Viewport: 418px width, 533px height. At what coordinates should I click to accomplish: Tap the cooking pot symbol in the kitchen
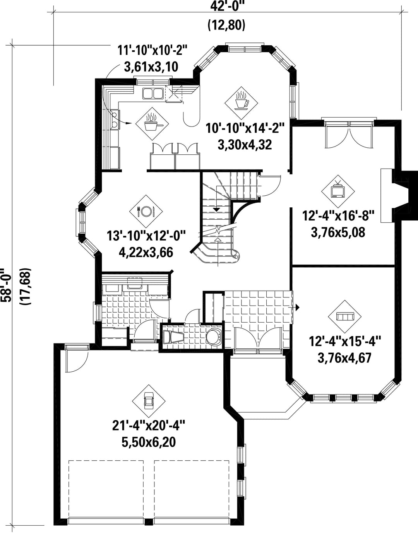tap(152, 124)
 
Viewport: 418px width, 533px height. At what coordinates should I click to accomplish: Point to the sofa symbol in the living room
tap(345, 316)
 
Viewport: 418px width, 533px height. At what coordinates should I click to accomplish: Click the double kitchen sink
tap(153, 94)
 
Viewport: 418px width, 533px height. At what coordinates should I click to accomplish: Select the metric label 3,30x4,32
tap(245, 145)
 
